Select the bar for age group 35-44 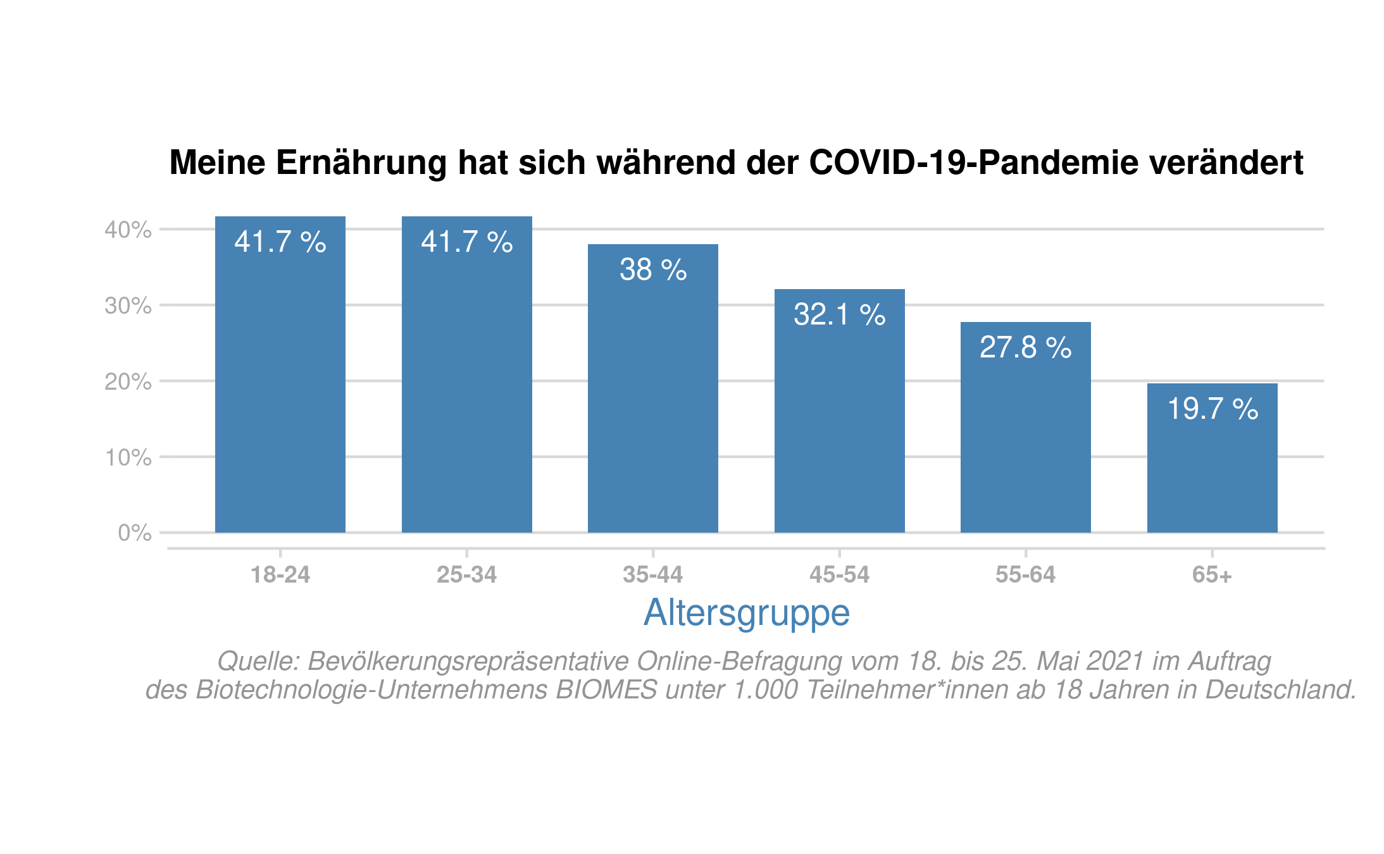652,399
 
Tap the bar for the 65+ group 1212,468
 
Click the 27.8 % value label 1025,347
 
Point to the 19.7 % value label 1212,409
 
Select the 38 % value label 652,269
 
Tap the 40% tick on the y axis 128,230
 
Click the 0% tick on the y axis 134,533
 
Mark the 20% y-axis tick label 128,381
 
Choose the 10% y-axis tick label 128,457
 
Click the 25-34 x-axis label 466,574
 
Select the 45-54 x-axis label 839,574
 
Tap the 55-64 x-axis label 1025,574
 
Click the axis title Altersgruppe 746,612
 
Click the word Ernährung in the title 362,163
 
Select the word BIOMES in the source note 606,690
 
